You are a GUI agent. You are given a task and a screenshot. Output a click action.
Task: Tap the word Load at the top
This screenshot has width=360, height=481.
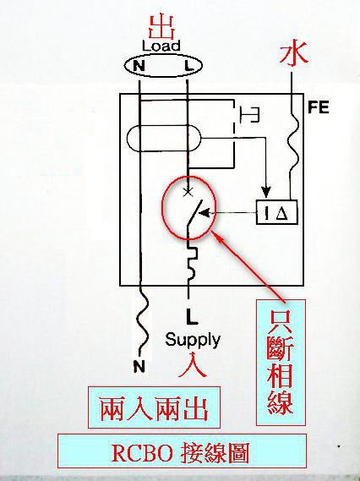pyautogui.click(x=161, y=46)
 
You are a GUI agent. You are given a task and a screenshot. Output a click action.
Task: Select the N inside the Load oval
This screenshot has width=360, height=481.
pyautogui.click(x=139, y=66)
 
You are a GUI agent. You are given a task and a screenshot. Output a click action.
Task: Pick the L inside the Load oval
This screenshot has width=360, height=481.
pyautogui.click(x=189, y=65)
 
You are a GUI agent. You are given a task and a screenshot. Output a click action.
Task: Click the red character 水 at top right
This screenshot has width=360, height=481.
pyautogui.click(x=294, y=54)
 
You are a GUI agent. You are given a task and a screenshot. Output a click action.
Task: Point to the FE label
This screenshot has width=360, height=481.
pyautogui.click(x=319, y=107)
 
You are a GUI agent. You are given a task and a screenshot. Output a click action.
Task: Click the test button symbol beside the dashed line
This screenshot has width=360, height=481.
pyautogui.click(x=250, y=115)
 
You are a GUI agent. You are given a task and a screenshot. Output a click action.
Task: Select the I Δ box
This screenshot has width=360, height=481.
pyautogui.click(x=276, y=212)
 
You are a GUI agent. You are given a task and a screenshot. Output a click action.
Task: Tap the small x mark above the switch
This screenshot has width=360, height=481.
pyautogui.click(x=188, y=192)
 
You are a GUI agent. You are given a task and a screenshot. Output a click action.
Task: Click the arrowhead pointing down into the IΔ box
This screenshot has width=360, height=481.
pyautogui.click(x=266, y=192)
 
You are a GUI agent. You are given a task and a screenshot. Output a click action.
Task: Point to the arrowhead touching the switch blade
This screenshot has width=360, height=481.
pyautogui.click(x=205, y=212)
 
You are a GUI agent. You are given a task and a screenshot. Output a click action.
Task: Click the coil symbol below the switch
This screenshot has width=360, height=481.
pyautogui.click(x=193, y=263)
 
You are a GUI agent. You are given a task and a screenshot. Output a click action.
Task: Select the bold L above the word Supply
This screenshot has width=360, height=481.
pyautogui.click(x=192, y=316)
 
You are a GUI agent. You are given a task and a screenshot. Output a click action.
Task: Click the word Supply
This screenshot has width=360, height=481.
pyautogui.click(x=193, y=340)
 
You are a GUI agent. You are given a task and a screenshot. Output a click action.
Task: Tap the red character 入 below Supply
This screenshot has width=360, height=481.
pyautogui.click(x=193, y=364)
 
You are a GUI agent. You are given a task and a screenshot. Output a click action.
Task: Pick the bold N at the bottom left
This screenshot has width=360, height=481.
pyautogui.click(x=139, y=366)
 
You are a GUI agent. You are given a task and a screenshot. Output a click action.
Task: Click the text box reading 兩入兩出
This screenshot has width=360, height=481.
pyautogui.click(x=154, y=407)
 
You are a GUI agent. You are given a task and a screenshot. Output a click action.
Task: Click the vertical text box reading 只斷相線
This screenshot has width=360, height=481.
pyautogui.click(x=281, y=363)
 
